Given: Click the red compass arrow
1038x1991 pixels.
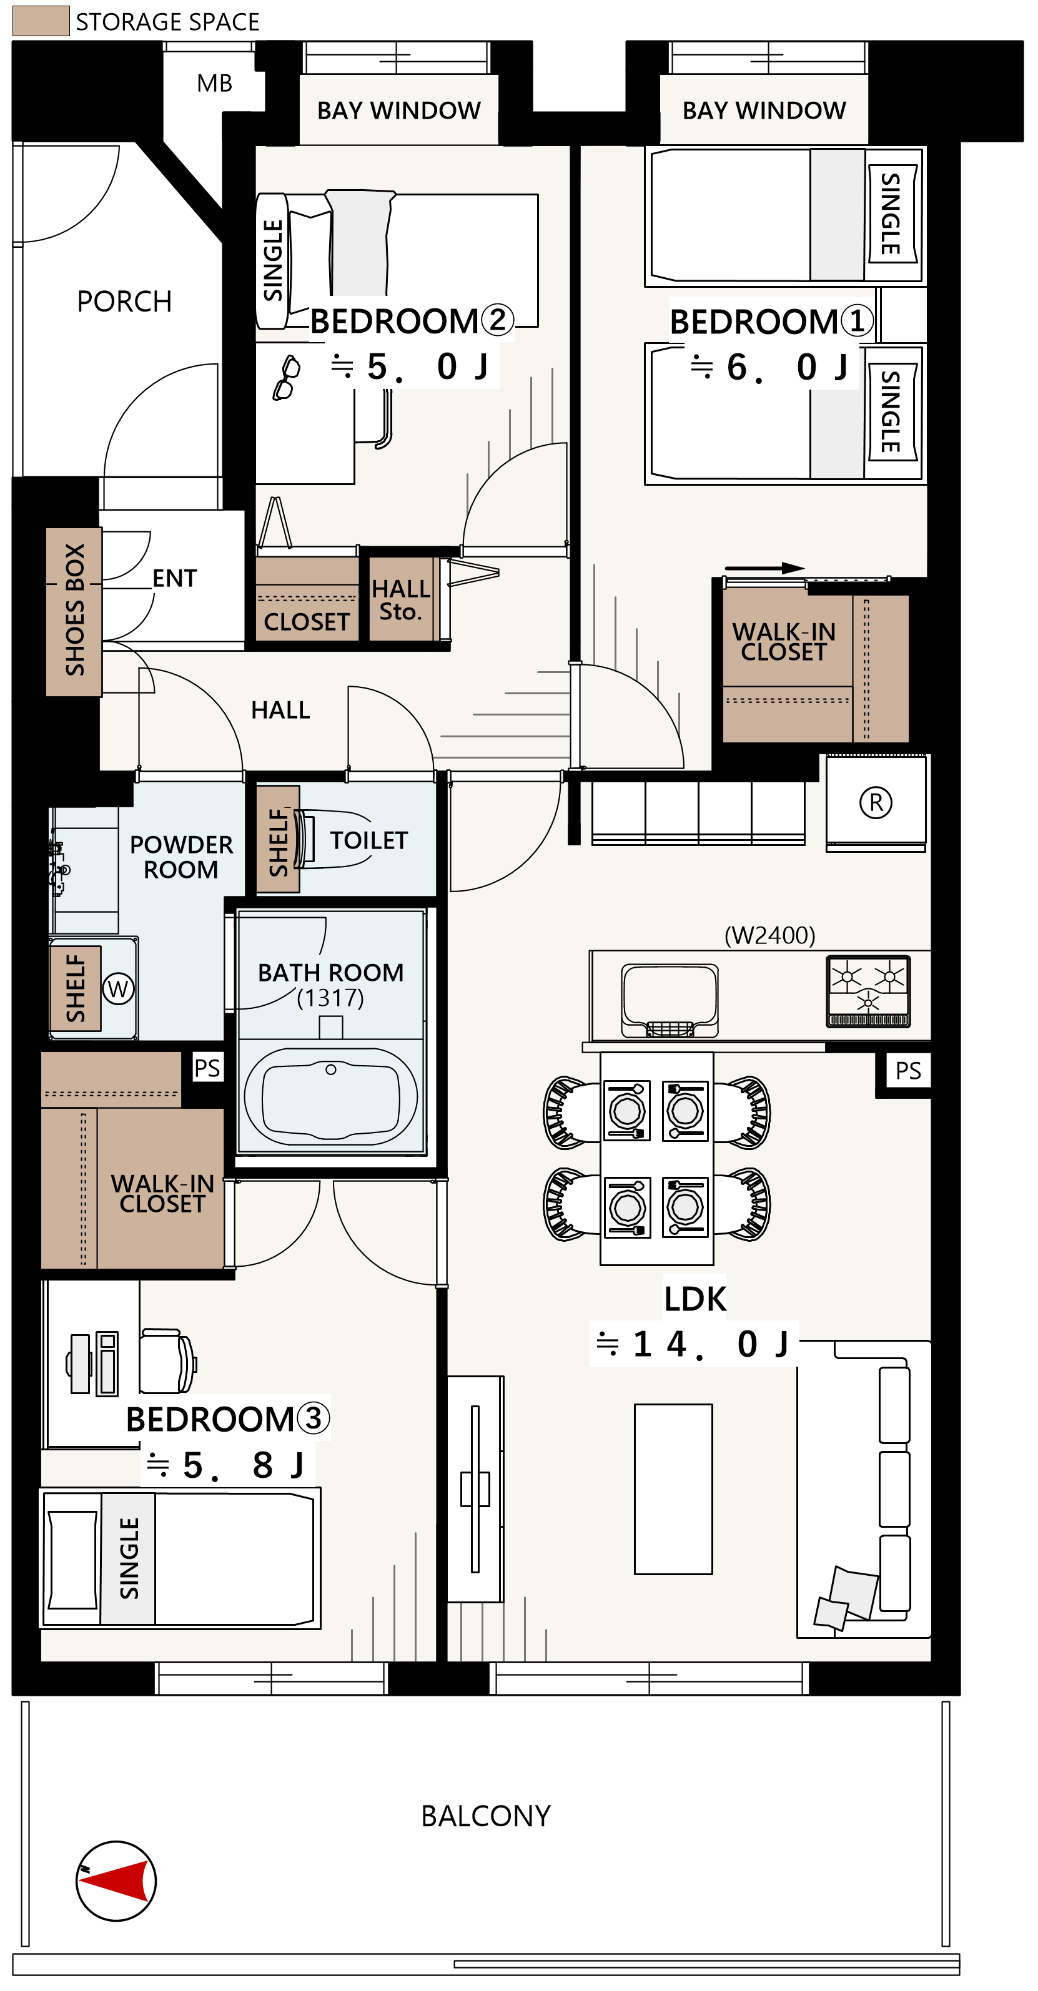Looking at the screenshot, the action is click(116, 1880).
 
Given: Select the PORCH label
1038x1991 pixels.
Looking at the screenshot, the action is click(124, 302).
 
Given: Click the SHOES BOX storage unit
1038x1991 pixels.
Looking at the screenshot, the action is click(74, 611).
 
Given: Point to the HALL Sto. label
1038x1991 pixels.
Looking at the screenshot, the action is click(400, 600).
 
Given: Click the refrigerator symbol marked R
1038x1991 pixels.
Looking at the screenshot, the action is click(876, 802).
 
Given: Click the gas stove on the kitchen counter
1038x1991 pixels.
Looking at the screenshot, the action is click(868, 991).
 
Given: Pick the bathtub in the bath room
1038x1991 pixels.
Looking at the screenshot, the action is click(331, 1095).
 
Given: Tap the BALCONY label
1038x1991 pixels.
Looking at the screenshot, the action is click(485, 1816).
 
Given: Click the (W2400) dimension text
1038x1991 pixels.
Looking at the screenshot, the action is click(770, 935).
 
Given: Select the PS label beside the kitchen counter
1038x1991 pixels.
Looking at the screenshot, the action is click(908, 1071).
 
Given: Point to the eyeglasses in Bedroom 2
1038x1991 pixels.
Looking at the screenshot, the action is click(286, 377).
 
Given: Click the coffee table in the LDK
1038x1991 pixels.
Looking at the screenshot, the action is click(673, 1488).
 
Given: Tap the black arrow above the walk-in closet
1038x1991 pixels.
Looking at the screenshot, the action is click(764, 568).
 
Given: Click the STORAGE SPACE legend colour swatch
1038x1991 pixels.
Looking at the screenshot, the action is click(41, 21).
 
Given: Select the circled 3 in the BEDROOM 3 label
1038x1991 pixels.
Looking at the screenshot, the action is click(313, 1418).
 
